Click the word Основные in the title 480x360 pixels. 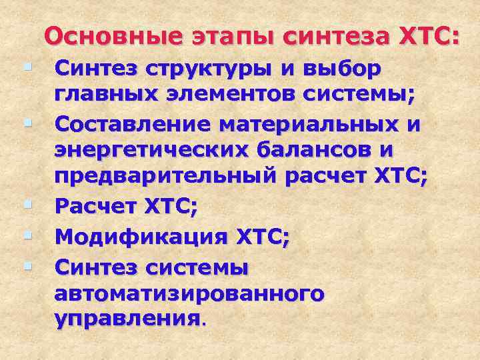click(x=112, y=37)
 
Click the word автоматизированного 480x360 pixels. click(x=189, y=293)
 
